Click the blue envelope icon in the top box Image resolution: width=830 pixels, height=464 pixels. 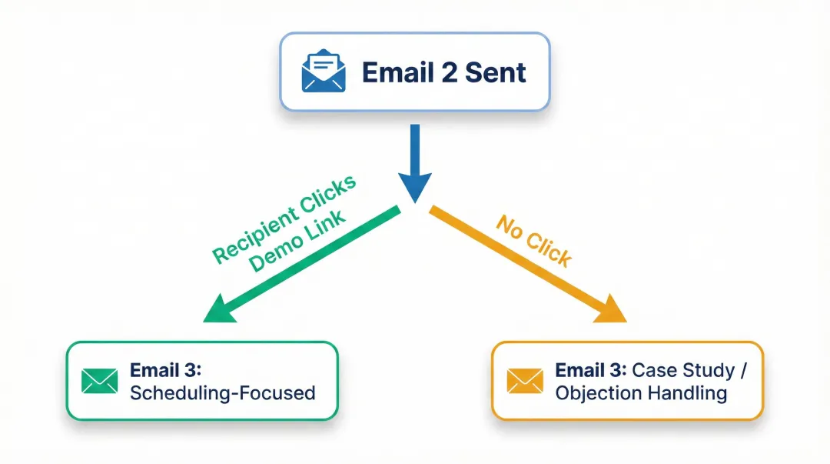(324, 72)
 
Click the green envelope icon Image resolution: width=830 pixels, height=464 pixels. (100, 380)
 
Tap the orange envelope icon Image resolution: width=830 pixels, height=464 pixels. (525, 380)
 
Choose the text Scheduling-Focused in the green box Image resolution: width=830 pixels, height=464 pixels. (223, 392)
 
